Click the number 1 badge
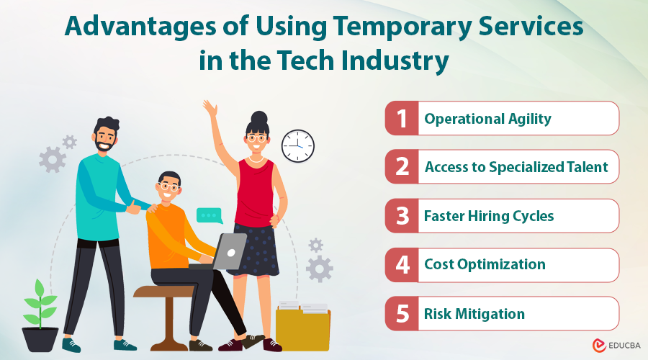[402, 119]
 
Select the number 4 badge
[402, 265]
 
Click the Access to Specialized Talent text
[516, 167]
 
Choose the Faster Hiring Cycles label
[489, 216]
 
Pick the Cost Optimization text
[485, 265]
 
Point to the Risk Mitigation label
[474, 314]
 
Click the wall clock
[297, 145]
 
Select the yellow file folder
[302, 328]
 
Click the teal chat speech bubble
[210, 215]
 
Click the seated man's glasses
[168, 186]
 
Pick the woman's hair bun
[258, 117]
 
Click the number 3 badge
[402, 216]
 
